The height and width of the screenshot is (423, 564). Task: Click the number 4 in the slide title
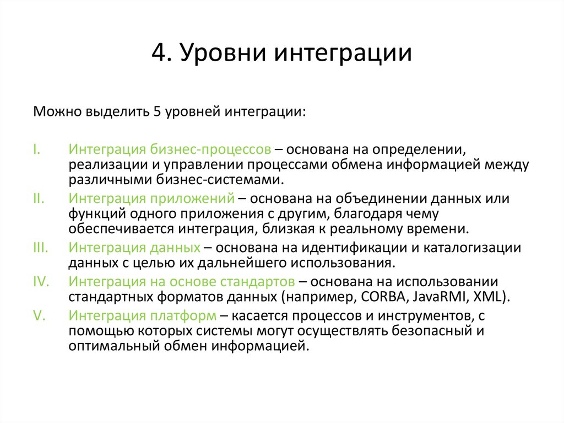[x=158, y=54]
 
